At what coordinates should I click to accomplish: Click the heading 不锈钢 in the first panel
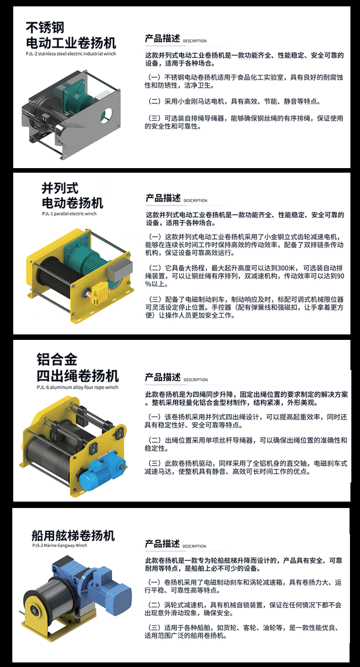coord(45,28)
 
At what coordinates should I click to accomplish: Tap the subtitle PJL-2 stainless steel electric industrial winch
coord(71,54)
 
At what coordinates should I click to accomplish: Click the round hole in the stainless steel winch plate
coord(106,115)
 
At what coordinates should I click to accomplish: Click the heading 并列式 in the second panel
coord(60,188)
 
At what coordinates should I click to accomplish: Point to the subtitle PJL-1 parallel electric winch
coord(69,214)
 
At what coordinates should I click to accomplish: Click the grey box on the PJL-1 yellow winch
coord(119,270)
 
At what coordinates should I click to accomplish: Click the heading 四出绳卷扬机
coord(78,376)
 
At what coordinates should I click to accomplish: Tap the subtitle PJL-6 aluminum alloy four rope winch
coord(77,387)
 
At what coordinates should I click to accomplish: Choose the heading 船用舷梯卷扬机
coord(73,536)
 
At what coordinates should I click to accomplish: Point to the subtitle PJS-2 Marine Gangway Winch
coord(60,545)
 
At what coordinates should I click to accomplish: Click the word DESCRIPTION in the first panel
coord(195,41)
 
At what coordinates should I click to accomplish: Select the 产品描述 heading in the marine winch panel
coord(162,544)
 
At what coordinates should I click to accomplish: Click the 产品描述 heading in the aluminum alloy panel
coord(163,378)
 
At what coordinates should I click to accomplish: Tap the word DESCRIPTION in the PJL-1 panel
coord(195,201)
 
